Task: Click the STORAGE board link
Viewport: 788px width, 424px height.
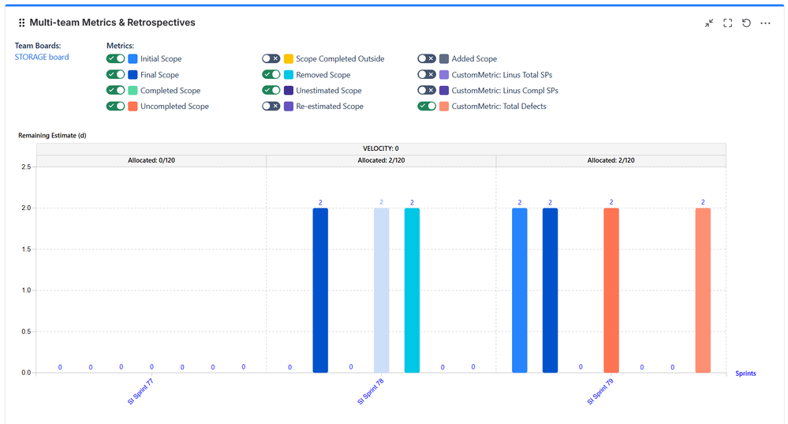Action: click(x=42, y=57)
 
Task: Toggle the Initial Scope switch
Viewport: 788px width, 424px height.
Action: click(x=116, y=59)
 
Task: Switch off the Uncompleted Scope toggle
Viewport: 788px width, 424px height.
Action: click(x=116, y=107)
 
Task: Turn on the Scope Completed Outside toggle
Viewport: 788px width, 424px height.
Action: click(x=271, y=59)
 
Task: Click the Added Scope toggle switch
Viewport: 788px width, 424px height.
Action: click(x=427, y=59)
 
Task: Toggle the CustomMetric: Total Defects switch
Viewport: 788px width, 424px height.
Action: click(x=427, y=107)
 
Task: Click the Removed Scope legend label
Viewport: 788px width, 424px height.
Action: click(x=323, y=75)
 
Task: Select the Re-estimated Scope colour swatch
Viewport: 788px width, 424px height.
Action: click(x=288, y=107)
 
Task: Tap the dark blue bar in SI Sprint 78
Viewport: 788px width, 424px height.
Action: click(x=320, y=290)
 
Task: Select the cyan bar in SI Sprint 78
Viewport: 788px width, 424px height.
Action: click(x=412, y=290)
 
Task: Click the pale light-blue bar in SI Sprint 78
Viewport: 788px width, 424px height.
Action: click(x=382, y=290)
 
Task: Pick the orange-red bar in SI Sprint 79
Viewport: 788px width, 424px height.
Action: click(x=611, y=290)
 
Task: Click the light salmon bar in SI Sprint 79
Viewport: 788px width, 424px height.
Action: click(x=703, y=290)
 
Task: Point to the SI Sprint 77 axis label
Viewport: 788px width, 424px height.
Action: click(x=140, y=390)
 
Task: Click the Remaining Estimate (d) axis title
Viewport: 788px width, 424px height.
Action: click(x=52, y=136)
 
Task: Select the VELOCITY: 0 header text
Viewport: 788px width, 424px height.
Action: click(x=380, y=148)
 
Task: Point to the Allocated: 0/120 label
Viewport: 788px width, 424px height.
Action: click(x=151, y=160)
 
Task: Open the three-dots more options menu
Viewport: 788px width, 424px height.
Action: click(x=765, y=24)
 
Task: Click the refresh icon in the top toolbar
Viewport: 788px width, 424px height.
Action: click(x=746, y=24)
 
